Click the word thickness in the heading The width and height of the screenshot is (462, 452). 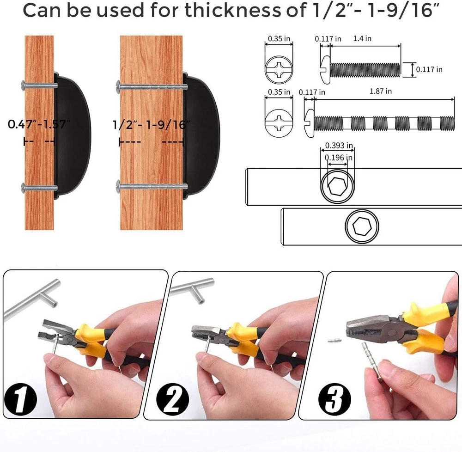[x=233, y=10]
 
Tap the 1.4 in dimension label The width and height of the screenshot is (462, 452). [x=362, y=38]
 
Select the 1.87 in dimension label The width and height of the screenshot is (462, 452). [x=381, y=91]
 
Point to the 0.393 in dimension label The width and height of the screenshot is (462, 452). [x=339, y=145]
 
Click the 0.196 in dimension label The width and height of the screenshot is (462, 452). [x=339, y=158]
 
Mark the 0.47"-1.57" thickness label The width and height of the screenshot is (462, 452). [x=39, y=124]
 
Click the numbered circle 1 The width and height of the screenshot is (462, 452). [x=20, y=399]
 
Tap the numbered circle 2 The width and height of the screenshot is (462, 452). [x=172, y=399]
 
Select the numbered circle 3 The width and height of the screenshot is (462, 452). [x=334, y=399]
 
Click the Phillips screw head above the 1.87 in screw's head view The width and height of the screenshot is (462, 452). [x=279, y=69]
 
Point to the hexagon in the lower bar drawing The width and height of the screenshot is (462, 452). [x=362, y=226]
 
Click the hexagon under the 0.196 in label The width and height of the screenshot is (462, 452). [x=338, y=186]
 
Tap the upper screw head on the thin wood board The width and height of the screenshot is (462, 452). [x=24, y=85]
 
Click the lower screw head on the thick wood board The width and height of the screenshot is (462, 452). [x=118, y=186]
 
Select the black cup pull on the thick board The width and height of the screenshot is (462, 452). [x=201, y=135]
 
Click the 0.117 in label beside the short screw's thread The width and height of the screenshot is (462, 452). [x=429, y=69]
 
